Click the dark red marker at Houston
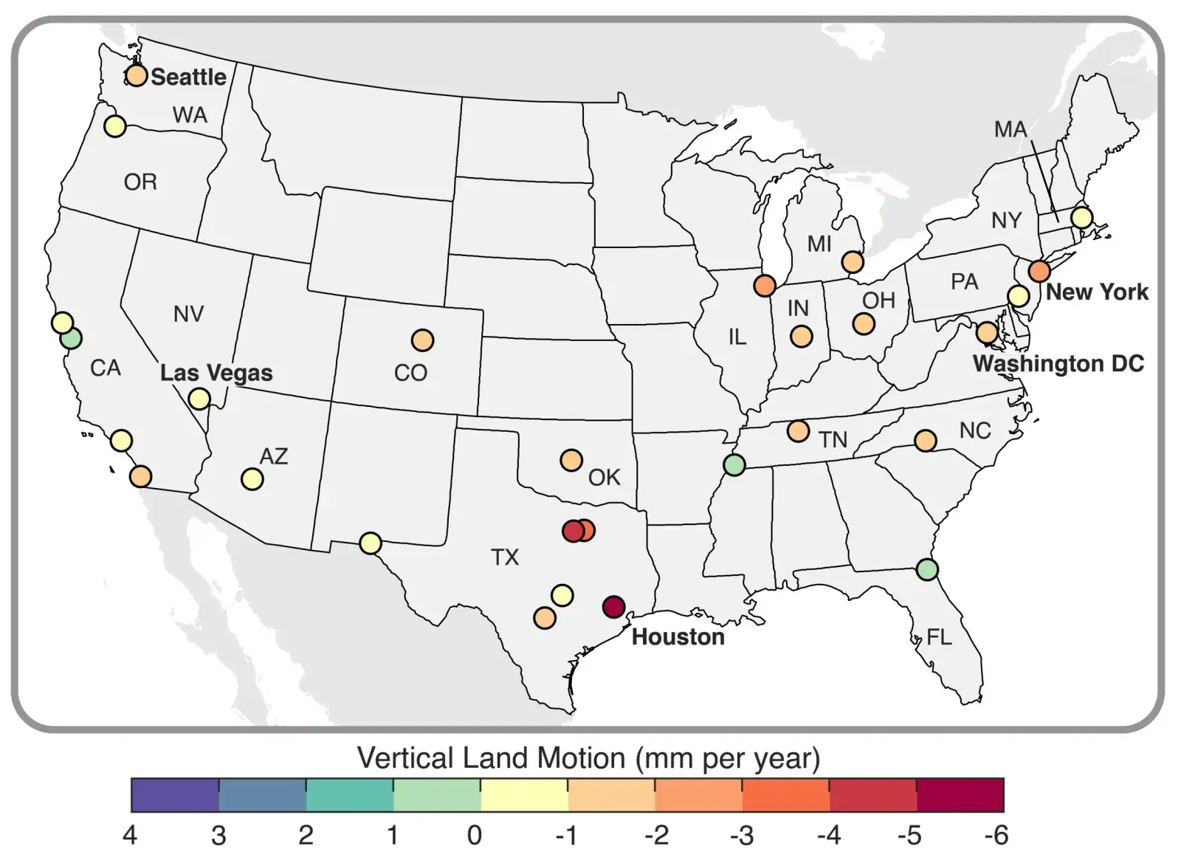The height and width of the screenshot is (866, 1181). [x=614, y=607]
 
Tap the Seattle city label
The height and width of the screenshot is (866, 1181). [x=188, y=77]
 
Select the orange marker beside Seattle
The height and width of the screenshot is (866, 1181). [x=136, y=75]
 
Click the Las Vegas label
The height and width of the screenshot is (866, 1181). [x=216, y=373]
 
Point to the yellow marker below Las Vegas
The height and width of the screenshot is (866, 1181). [x=199, y=399]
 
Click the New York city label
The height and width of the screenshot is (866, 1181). [x=1097, y=292]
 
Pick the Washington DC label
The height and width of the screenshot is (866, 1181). [x=1058, y=363]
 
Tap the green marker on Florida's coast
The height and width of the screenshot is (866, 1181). [x=927, y=569]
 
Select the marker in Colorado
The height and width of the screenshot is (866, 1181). [x=422, y=340]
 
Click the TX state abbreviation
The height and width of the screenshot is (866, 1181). [x=505, y=557]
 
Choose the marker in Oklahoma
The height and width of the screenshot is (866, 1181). [x=571, y=460]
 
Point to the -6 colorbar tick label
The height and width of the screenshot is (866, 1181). [x=996, y=835]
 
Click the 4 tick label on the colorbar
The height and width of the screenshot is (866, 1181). [x=131, y=835]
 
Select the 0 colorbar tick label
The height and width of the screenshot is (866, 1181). [x=475, y=835]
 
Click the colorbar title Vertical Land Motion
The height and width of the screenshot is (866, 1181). [x=588, y=758]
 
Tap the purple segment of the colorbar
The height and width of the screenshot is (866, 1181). [x=175, y=795]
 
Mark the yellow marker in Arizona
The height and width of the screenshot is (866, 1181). [x=252, y=479]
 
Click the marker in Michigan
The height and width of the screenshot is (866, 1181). [x=853, y=261]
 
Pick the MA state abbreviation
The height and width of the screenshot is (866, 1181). [x=1010, y=129]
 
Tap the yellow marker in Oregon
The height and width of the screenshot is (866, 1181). [x=114, y=126]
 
